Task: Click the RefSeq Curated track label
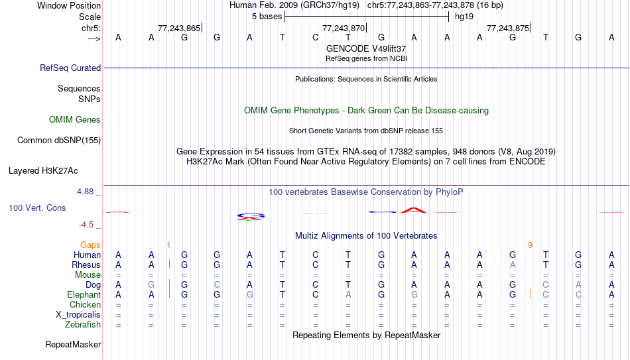[x=70, y=68]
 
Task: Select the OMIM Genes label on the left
[x=75, y=120]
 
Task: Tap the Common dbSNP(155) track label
[x=59, y=141]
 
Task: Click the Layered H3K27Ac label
[x=43, y=171]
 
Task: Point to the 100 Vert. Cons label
[x=37, y=208]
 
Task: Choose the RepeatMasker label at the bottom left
[x=73, y=344]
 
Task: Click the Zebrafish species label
[x=83, y=324]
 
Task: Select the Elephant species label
[x=84, y=294]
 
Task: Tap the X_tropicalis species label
[x=78, y=315]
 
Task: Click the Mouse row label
[x=88, y=275]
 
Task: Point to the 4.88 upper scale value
[x=85, y=192]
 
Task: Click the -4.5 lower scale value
[x=86, y=225]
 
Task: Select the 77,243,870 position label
[x=344, y=28]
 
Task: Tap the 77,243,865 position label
[x=179, y=28]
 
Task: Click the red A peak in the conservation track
[x=414, y=210]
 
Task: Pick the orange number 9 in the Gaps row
[x=530, y=245]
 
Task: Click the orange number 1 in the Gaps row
[x=168, y=245]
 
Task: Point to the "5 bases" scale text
[x=267, y=17]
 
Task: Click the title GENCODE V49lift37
[x=366, y=48]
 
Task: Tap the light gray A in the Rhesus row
[x=513, y=265]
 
